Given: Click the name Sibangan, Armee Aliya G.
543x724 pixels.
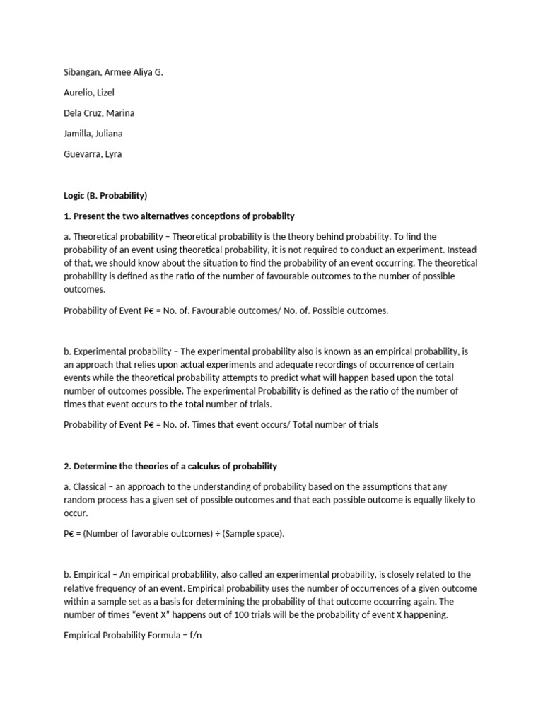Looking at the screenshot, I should [113, 72].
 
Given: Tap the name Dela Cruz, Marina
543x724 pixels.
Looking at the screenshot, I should [99, 113].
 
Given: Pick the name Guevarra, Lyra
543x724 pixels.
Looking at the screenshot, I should [93, 154].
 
